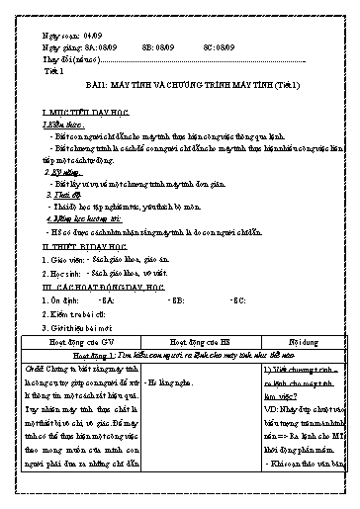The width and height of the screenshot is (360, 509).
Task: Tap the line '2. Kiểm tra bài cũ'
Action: click(75, 311)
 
